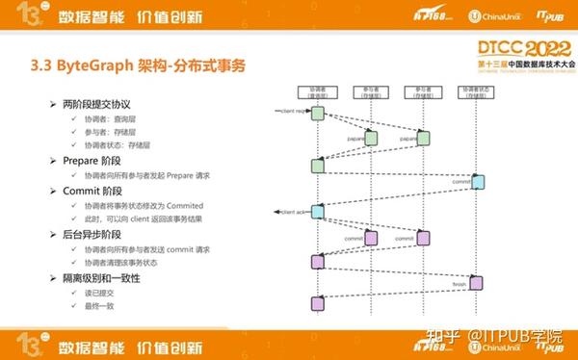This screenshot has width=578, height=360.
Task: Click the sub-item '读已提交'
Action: pos(101,292)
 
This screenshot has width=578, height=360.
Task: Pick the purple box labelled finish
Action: pos(475,282)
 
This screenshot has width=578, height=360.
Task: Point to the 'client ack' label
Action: pos(292,209)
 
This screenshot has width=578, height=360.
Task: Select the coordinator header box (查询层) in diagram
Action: pos(317,92)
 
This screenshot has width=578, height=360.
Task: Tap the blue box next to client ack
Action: pos(317,210)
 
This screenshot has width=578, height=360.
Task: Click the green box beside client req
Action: pos(317,116)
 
